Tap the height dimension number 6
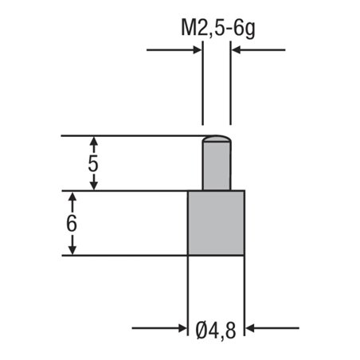coord(72,224)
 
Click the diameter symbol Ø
coord(202,327)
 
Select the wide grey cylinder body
coord(216,223)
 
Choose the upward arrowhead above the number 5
coord(94,142)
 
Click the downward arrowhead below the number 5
coord(94,185)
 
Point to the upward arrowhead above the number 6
coord(72,198)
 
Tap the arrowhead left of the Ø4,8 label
coord(182,327)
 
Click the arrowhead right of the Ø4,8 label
coord(250,327)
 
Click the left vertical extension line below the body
coord(188,295)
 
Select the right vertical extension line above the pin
coord(231,88)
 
